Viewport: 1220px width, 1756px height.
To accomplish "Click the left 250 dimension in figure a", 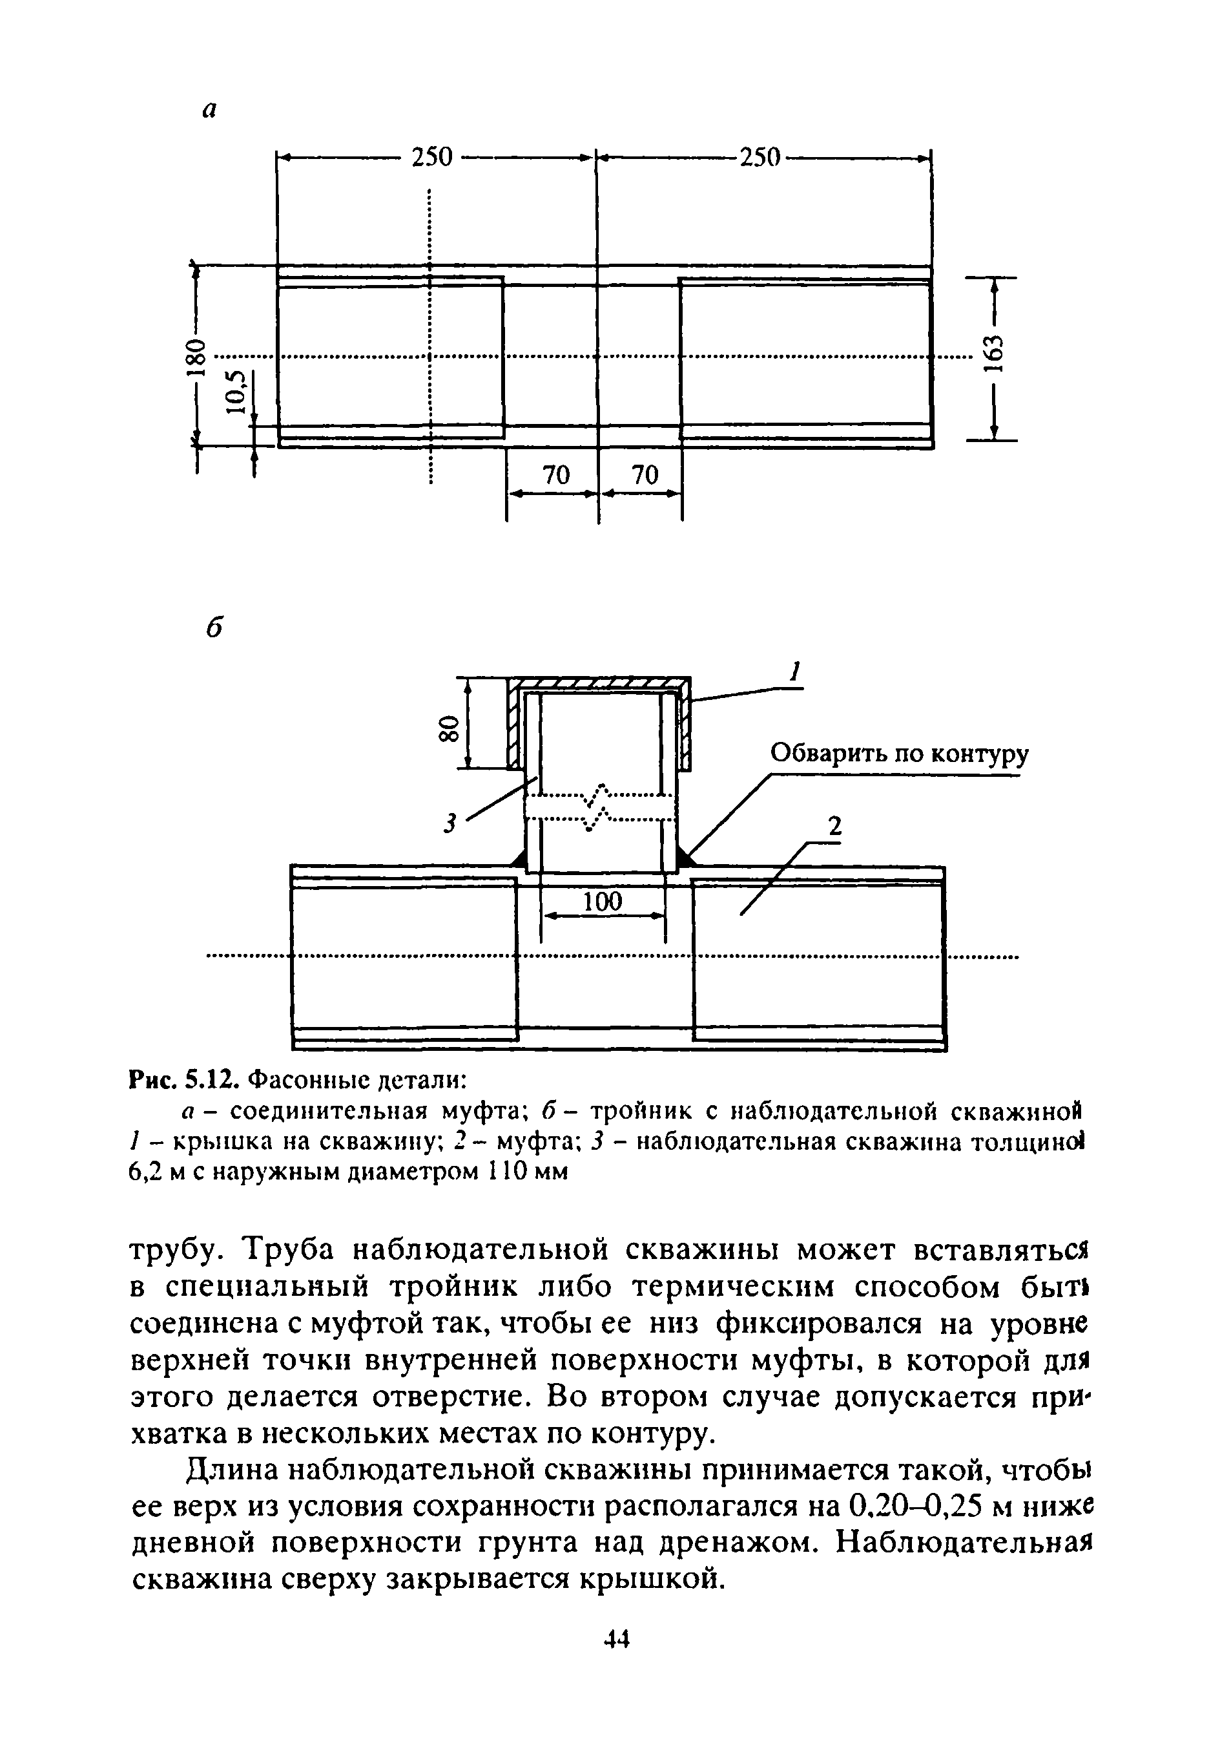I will [432, 158].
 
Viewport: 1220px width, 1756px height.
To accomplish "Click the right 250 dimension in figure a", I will [759, 158].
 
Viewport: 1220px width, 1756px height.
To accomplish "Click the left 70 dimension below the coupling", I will [555, 476].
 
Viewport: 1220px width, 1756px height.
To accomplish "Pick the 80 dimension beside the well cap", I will [448, 728].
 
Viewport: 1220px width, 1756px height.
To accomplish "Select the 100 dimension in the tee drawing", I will [603, 902].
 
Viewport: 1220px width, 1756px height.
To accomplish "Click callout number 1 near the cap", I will [796, 672].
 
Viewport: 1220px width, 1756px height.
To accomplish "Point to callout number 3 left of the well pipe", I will [451, 823].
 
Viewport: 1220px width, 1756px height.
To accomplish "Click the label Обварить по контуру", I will [899, 754].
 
